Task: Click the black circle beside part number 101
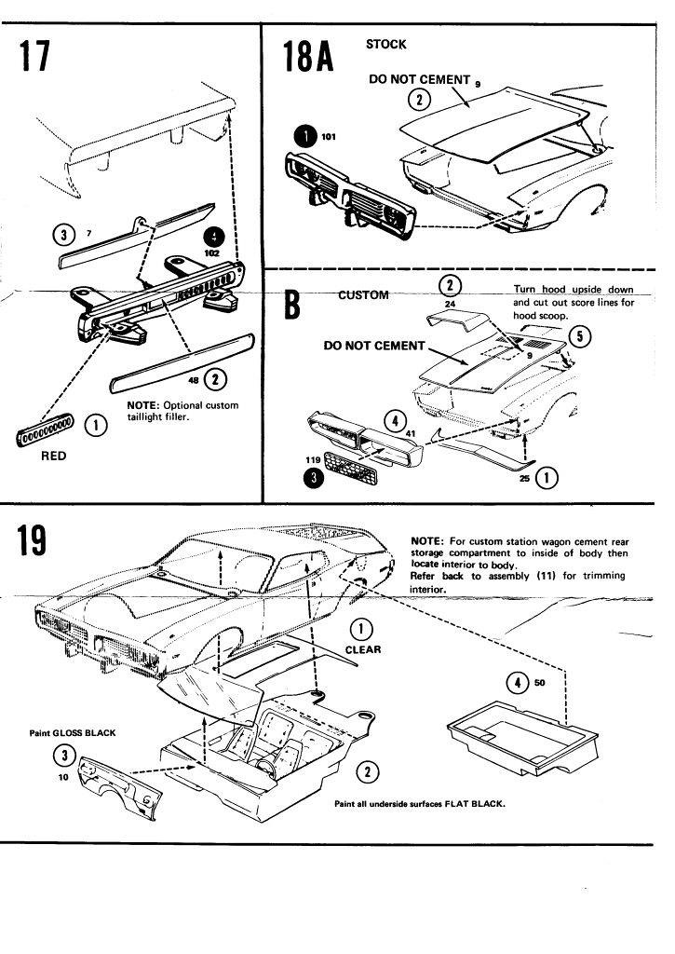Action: [304, 136]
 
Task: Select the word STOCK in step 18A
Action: [385, 44]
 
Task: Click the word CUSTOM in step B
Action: [363, 294]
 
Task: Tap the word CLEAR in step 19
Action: [362, 649]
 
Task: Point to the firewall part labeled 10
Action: [119, 783]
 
